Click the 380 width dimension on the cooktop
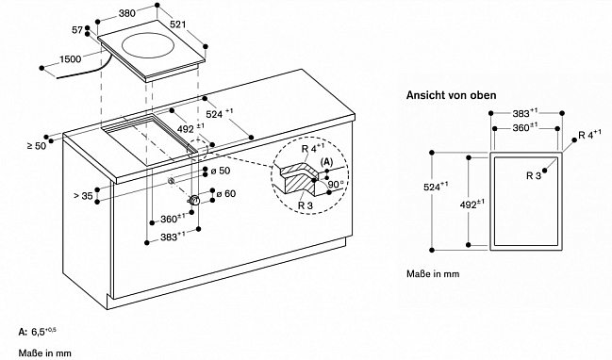tap(127, 13)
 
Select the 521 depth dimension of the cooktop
tap(178, 25)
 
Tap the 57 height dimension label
tap(77, 29)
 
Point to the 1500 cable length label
tap(71, 59)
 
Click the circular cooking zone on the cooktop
tap(147, 45)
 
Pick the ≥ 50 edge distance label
tap(36, 146)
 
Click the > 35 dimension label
tap(83, 195)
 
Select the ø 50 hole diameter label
tap(221, 171)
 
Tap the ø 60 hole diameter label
tap(226, 193)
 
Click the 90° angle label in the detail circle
tap(336, 185)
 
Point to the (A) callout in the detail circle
tap(326, 162)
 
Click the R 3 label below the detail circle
tap(306, 205)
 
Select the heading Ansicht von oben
tap(451, 95)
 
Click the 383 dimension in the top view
tap(525, 113)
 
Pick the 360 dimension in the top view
tap(525, 127)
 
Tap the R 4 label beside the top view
tap(589, 135)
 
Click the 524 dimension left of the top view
tap(436, 187)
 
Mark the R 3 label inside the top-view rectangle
tap(534, 176)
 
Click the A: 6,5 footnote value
tap(38, 332)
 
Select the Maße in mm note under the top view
tap(433, 274)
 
